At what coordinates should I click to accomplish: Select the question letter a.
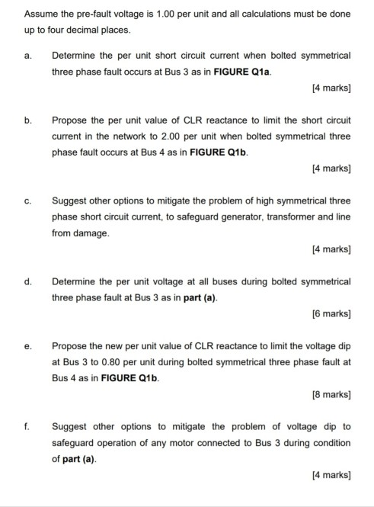[27, 56]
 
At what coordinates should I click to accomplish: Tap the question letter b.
[27, 120]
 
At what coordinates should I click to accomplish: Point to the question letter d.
[27, 281]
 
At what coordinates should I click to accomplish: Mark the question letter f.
[27, 426]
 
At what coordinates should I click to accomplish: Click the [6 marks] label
[331, 313]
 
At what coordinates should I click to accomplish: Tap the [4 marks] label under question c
[331, 249]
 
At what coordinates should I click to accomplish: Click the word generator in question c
[214, 217]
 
